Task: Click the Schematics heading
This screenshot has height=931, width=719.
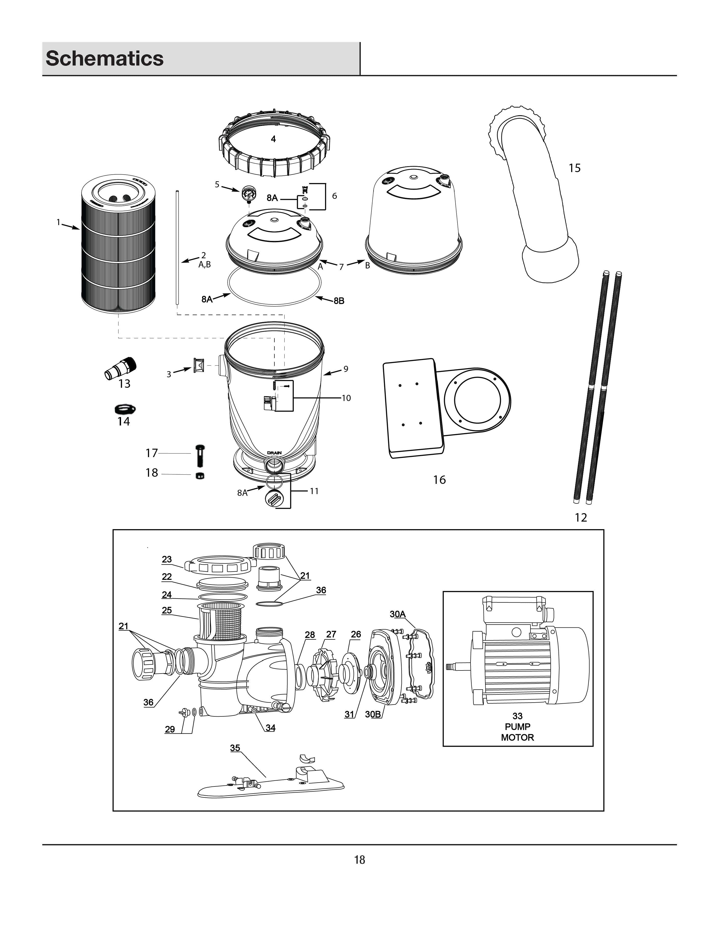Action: [104, 58]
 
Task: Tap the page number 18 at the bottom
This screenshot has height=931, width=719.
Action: [359, 860]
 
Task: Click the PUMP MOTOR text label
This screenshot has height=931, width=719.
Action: [517, 732]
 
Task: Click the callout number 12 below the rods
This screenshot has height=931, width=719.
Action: [581, 518]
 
